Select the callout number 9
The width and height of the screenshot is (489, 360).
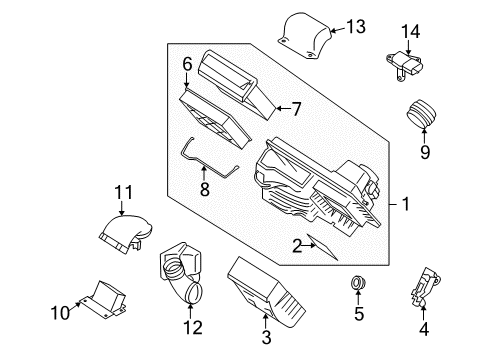(425, 152)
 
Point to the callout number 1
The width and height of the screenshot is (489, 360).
(405, 204)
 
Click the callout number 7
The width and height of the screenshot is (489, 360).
(296, 108)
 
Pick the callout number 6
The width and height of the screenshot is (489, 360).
(186, 64)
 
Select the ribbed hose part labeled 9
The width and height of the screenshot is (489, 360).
(425, 115)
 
